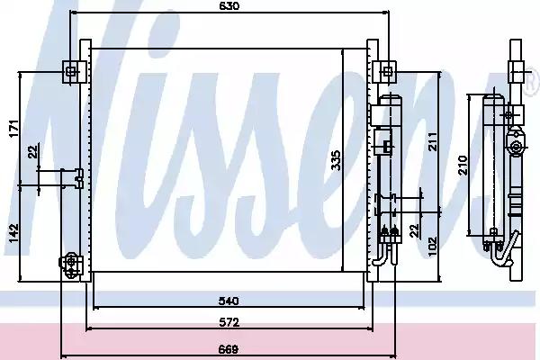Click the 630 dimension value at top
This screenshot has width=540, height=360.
tap(229, 6)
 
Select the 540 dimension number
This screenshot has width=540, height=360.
tap(229, 301)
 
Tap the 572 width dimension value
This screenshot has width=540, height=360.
tap(229, 322)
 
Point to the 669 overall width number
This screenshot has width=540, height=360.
tap(229, 350)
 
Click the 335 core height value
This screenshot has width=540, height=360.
tap(336, 160)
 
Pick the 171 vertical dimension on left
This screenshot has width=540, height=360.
tap(13, 129)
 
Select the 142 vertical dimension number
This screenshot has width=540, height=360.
tap(13, 233)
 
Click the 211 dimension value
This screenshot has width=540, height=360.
tap(432, 141)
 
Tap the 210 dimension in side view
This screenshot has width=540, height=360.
tap(463, 165)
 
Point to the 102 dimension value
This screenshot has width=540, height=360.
tap(432, 247)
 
